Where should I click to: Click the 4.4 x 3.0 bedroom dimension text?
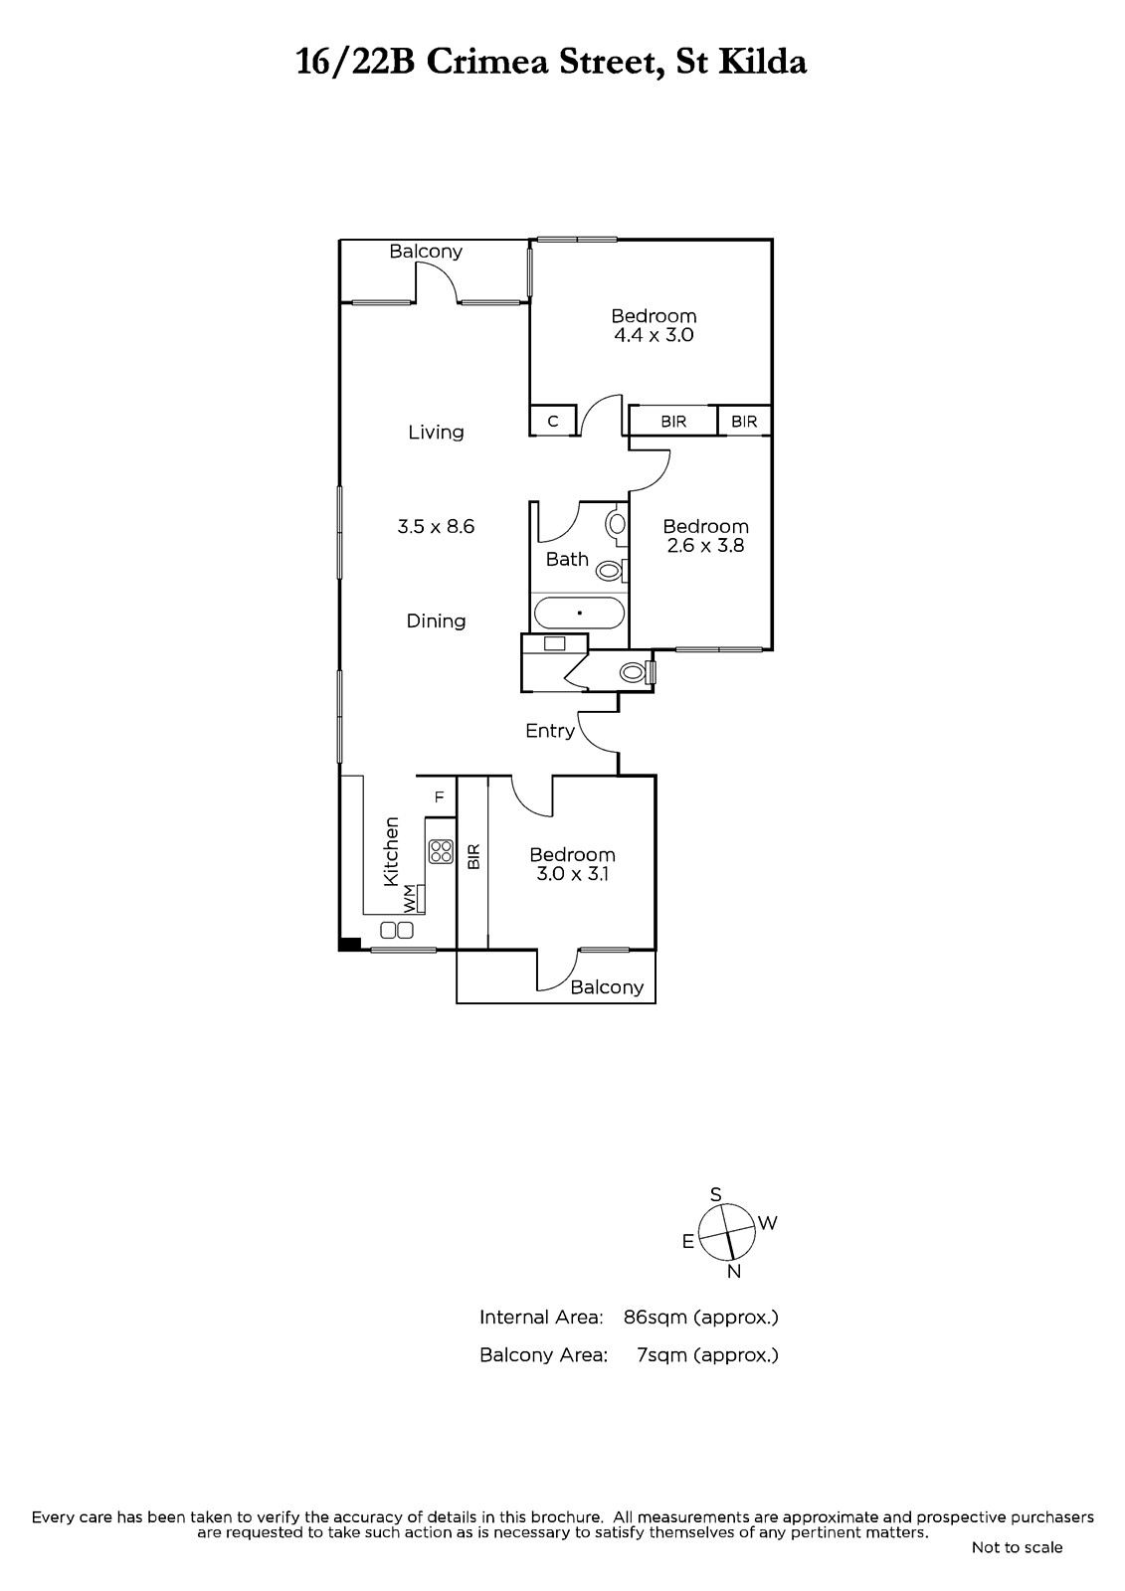tap(654, 335)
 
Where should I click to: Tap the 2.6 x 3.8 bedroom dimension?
tap(705, 546)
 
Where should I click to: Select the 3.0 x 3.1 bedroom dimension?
tap(572, 874)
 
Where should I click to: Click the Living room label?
tap(436, 432)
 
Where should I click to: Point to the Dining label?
tap(436, 620)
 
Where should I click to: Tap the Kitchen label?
tap(391, 851)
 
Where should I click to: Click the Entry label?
tap(550, 731)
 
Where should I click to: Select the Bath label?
tap(567, 560)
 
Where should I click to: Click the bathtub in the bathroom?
tap(579, 613)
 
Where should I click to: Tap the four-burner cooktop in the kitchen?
tap(442, 851)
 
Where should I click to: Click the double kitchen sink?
tap(397, 930)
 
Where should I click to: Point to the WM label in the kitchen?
tap(409, 898)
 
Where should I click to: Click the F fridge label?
tap(440, 796)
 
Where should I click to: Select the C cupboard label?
tap(553, 422)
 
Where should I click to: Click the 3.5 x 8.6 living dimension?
tap(436, 526)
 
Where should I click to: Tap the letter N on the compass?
tap(734, 1272)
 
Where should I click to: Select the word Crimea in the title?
tap(488, 63)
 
